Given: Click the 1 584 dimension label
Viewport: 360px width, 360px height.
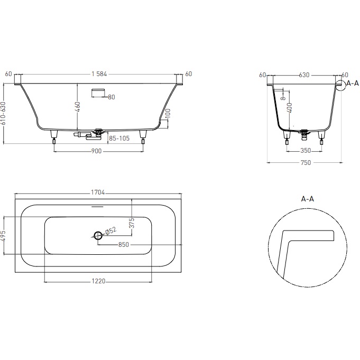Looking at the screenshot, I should [x=99, y=74].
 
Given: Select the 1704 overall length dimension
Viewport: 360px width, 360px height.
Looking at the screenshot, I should [x=99, y=193].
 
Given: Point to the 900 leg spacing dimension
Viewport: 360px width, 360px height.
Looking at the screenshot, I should [x=97, y=151].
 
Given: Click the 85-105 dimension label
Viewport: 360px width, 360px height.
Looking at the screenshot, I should [x=119, y=139].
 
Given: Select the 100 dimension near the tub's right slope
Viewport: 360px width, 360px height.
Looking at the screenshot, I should [x=168, y=114].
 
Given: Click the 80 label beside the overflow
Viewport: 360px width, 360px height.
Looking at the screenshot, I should [x=112, y=97].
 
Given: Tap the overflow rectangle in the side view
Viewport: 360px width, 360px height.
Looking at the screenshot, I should [x=99, y=93].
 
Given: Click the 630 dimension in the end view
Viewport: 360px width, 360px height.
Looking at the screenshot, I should [x=304, y=75].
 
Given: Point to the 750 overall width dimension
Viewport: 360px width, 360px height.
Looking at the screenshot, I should [x=304, y=163].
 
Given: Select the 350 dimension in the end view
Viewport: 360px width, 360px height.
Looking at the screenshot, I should [x=305, y=150].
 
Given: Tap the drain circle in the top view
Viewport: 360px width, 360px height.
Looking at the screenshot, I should [x=98, y=236].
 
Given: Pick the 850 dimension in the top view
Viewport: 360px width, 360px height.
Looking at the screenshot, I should [x=124, y=245].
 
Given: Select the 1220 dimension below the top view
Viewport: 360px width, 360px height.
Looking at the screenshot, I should [x=98, y=281].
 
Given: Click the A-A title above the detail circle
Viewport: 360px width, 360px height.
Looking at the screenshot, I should [x=308, y=199].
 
